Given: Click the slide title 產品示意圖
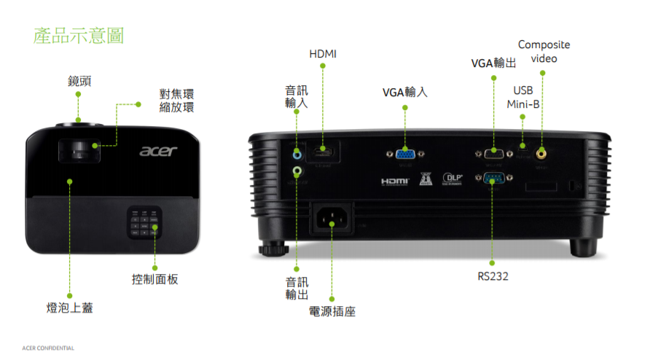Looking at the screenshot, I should coord(79,36).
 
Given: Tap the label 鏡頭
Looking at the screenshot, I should coord(79,80).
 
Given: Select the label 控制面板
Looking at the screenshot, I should coord(154,279).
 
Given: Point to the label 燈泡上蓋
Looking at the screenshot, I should coord(70,308).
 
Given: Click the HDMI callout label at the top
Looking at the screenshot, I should coord(323,54).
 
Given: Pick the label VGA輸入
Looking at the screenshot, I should coord(405,93).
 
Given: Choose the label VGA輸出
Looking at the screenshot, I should coord(493,63).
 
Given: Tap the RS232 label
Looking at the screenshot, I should coord(493,276).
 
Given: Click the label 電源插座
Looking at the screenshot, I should coord(332,312).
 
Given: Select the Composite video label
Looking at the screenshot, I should coord(544,51).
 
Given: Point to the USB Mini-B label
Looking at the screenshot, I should coord(523,97).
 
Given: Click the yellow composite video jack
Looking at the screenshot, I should coord(541,153).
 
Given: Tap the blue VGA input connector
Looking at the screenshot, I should coord(406,154).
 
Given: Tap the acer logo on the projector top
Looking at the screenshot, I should coord(159,151).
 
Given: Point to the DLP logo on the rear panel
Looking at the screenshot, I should coord(453,179).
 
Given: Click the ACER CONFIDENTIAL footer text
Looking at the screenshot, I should coord(48,348).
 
